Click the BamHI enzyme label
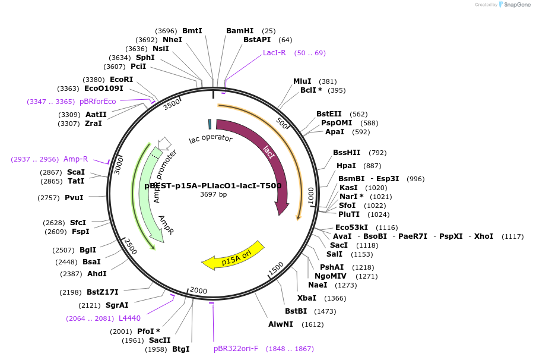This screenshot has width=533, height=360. point(240,31)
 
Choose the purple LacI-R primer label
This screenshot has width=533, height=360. point(274,53)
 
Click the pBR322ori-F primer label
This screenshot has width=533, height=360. point(236,349)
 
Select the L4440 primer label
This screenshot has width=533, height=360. point(129,318)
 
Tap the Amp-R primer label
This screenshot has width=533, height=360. point(75,159)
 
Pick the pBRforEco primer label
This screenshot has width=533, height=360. point(98,102)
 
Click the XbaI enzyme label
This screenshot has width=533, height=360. point(306,298)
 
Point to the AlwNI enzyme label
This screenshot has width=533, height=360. point(281,324)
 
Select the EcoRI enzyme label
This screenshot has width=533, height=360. point(121,80)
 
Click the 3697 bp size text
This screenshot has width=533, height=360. point(213,194)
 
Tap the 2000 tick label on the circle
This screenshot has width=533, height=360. point(198,290)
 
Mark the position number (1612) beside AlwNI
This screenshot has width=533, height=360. point(312,324)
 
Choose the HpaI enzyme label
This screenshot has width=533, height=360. point(346,166)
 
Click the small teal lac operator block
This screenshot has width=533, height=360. point(210,124)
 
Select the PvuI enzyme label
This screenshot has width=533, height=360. point(74,197)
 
